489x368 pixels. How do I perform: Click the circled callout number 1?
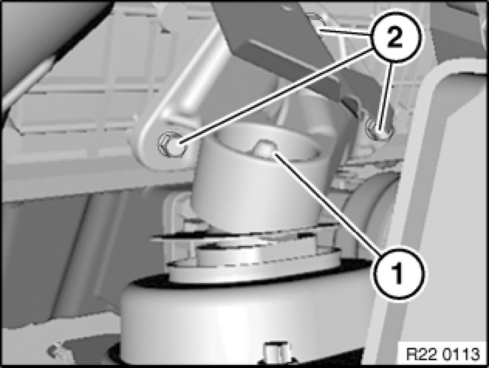point(398,274)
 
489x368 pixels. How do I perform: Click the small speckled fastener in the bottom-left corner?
point(58,351)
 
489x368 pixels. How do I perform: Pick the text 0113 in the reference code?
point(463,354)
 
